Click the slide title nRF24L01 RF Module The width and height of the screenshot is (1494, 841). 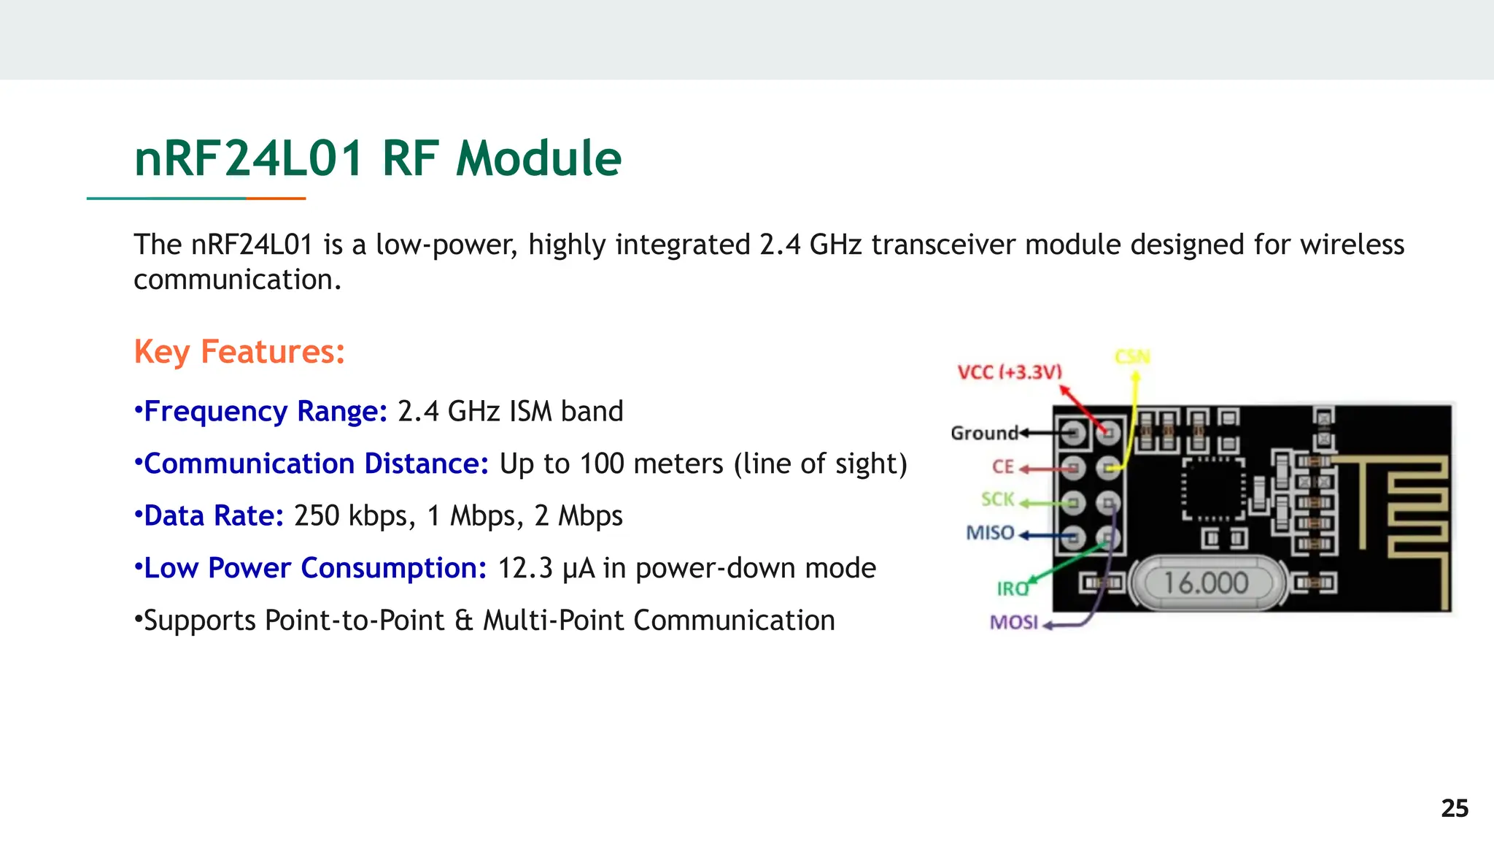coord(377,158)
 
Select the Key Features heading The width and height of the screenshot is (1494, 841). coord(239,352)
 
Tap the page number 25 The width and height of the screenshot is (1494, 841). coord(1454,808)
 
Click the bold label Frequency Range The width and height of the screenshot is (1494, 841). coord(265,412)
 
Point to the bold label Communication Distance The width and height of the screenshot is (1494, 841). coord(316,464)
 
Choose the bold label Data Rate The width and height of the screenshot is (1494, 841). coord(213,516)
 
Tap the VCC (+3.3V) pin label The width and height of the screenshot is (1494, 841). coord(1009,372)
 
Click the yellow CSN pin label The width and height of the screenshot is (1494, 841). coord(1131,357)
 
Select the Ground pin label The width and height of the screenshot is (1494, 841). coord(984,434)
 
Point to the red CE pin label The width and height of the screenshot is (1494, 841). coord(1003,467)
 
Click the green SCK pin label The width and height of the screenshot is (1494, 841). coord(997,499)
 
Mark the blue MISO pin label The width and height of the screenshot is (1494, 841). coord(990,533)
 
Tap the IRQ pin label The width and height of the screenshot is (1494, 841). coord(1012,588)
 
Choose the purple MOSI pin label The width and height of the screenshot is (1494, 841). coord(1013,622)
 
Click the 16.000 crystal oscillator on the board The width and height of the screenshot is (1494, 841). coord(1206,583)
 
